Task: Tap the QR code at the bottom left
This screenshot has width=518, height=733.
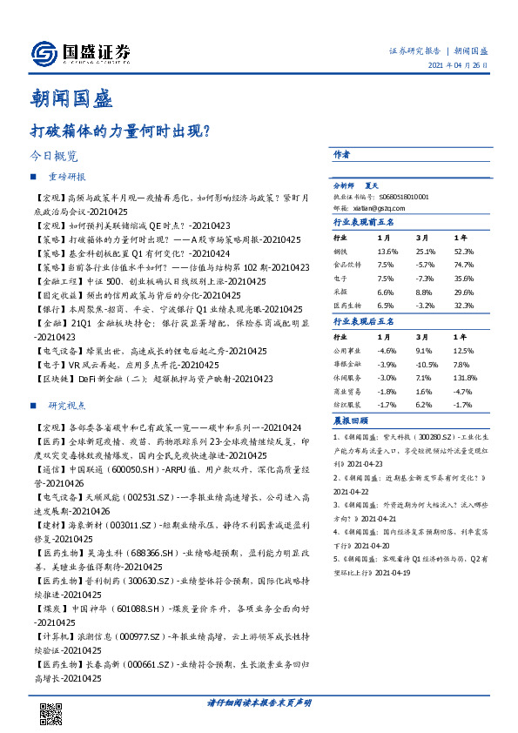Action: click(x=52, y=713)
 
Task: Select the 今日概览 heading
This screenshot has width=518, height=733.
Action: click(x=54, y=157)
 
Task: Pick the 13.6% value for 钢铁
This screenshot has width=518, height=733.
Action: click(x=387, y=251)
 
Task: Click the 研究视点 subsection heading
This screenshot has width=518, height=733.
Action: click(x=67, y=407)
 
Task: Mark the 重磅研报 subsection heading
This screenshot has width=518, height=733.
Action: click(x=67, y=177)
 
